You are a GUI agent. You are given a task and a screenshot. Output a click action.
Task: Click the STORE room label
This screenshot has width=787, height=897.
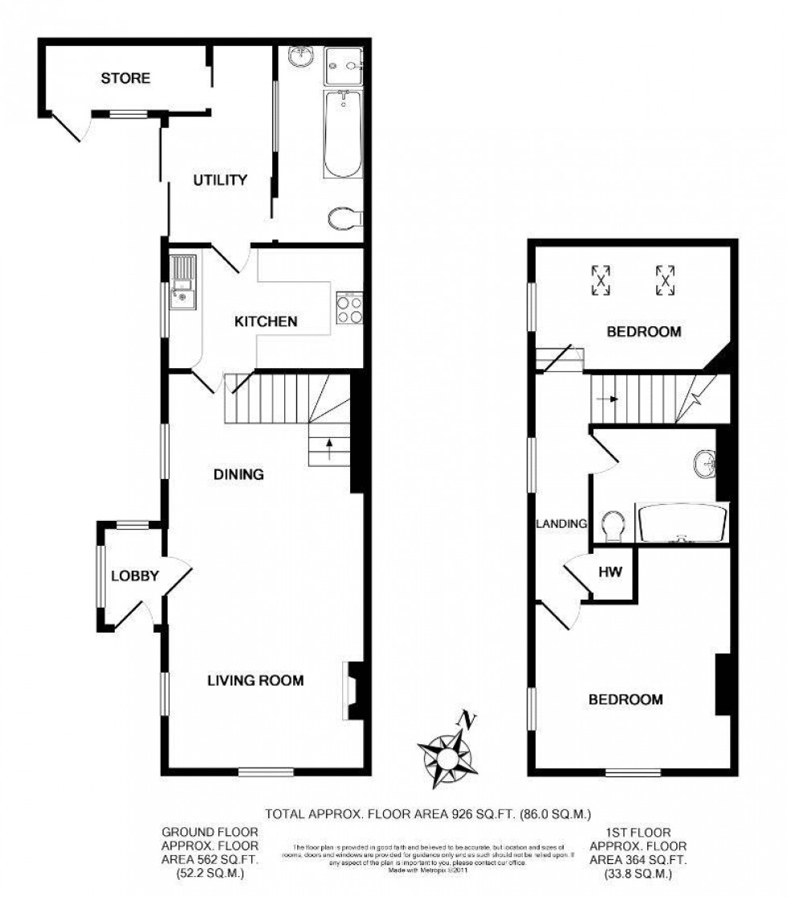tap(125, 79)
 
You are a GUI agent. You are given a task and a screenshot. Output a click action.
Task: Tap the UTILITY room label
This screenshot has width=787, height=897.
tap(219, 180)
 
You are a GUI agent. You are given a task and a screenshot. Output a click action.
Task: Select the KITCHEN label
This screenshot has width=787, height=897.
tap(266, 322)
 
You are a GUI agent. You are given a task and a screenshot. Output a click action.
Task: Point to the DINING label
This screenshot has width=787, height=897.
tap(239, 474)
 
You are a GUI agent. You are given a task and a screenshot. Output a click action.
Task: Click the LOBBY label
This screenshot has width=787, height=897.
tap(135, 575)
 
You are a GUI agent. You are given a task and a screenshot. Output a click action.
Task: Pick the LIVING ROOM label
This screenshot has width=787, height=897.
tap(255, 681)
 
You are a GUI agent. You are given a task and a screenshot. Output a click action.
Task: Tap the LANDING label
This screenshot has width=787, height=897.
tap(562, 523)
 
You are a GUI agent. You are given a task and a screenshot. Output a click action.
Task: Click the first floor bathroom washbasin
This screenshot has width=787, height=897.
tap(707, 465)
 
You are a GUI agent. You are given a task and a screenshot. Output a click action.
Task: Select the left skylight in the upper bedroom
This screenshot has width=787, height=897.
tap(601, 280)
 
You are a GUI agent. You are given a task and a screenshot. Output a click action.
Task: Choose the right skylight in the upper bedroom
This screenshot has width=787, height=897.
tap(664, 280)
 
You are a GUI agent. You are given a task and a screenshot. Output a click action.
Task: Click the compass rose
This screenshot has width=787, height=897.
tap(447, 752)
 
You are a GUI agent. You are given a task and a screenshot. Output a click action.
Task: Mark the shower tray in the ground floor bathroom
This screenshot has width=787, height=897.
tap(344, 65)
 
